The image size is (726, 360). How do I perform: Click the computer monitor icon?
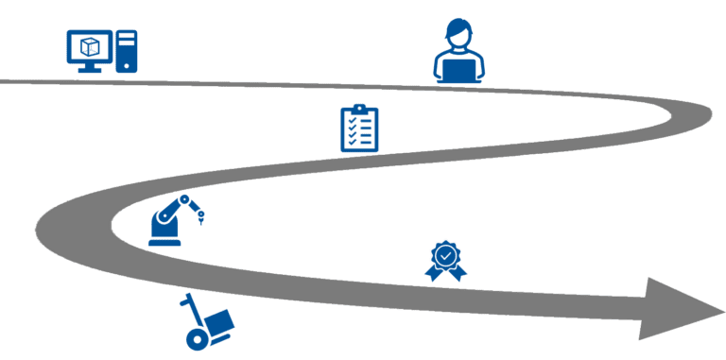90,47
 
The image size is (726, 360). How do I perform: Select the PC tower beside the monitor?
127,51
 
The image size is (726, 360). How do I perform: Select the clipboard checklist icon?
359,129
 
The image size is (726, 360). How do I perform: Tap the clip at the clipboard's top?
359,109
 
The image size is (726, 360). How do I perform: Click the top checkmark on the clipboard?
354,120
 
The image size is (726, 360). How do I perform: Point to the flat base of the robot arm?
164,243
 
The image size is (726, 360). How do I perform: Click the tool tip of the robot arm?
202,224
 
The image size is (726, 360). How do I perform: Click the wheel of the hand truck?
195,336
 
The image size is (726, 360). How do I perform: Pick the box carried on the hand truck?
219,322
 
